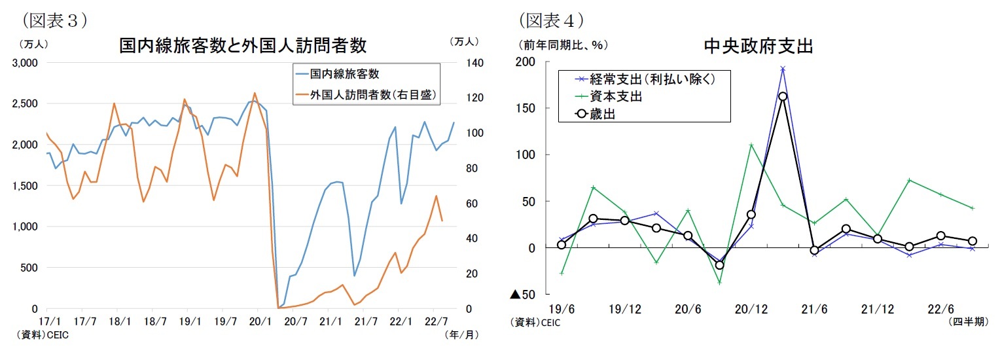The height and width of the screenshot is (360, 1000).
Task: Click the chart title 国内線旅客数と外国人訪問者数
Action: (242, 45)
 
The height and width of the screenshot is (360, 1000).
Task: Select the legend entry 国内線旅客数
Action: (344, 73)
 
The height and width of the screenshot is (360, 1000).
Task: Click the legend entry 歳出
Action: (603, 113)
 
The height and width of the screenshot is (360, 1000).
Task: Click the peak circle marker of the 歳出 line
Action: (783, 96)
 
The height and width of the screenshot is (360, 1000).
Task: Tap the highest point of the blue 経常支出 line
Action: (783, 68)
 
